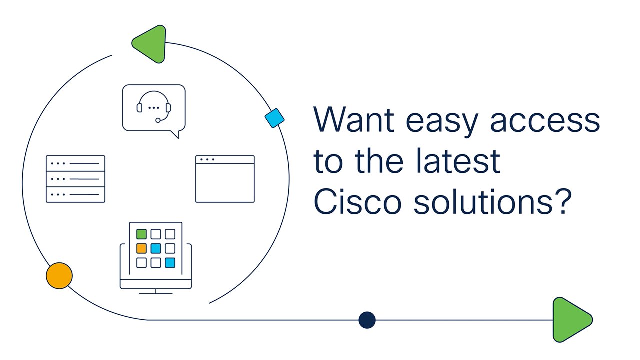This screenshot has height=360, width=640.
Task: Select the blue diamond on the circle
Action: [x=274, y=118]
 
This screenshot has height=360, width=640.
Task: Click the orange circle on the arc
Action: [x=59, y=276]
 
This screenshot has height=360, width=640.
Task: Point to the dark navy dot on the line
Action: [x=367, y=320]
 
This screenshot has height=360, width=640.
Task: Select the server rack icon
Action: [x=75, y=179]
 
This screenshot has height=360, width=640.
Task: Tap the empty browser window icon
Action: [x=225, y=179]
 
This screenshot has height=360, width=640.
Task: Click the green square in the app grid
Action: [x=141, y=234]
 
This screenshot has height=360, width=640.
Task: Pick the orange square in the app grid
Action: [x=141, y=248]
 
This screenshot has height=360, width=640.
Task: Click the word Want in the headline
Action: [x=354, y=119]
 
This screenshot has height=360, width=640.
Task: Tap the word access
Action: [x=545, y=122]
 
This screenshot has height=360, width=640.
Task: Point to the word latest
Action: [x=458, y=161]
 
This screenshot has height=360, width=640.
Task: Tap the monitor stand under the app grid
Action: [x=156, y=291]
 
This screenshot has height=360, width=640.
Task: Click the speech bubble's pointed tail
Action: [x=176, y=134]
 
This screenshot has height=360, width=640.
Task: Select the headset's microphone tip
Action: [x=158, y=120]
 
